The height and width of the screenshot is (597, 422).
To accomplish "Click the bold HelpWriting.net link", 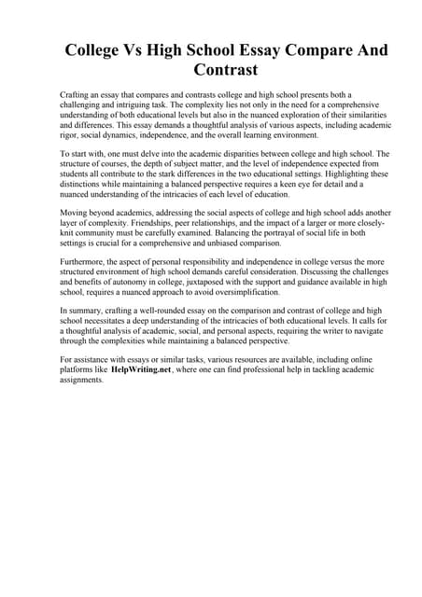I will (141, 369).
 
